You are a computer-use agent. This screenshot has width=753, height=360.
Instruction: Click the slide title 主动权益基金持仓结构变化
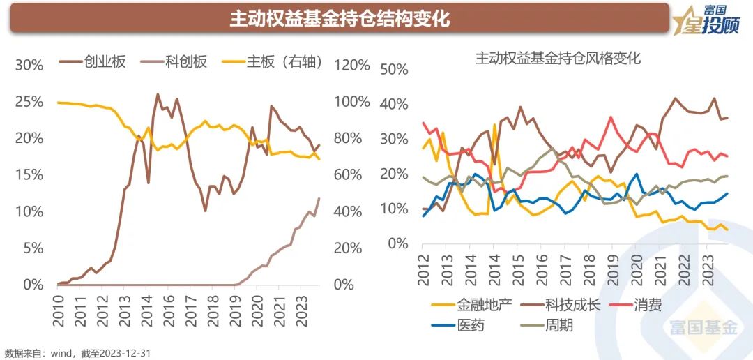[340, 19]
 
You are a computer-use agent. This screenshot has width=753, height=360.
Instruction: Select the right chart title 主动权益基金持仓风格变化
[557, 59]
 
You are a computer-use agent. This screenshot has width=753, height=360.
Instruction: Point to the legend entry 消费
[648, 305]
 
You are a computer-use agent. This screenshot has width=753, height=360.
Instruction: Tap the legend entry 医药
[471, 325]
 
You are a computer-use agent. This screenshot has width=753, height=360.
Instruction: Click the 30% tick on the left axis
[29, 65]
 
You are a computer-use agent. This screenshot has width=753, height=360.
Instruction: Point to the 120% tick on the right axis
[353, 65]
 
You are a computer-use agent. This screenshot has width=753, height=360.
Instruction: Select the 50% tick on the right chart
[394, 69]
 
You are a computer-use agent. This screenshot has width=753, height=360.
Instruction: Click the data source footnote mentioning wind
[77, 353]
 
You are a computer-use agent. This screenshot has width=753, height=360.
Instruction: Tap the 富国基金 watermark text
[703, 327]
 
